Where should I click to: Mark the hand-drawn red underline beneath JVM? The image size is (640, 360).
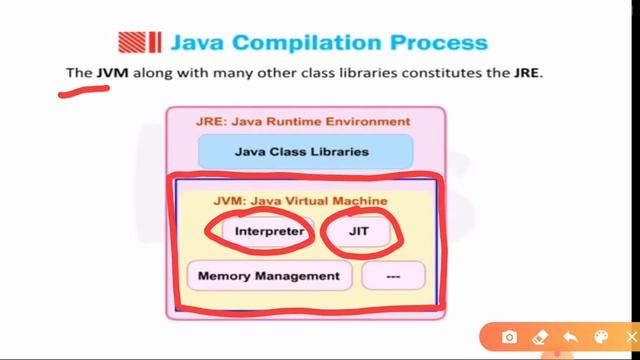point(84,93)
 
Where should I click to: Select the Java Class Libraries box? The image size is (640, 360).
point(302,152)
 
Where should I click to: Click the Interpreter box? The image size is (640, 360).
point(268,231)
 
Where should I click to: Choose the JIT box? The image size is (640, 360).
point(359,231)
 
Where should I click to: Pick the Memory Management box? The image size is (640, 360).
point(269,275)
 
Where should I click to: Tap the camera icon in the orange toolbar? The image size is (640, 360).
point(509,337)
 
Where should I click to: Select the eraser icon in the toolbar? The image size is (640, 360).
point(540,337)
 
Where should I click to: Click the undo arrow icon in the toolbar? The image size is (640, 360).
point(570,337)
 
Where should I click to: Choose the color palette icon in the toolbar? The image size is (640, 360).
point(601,337)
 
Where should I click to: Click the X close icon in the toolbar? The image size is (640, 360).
point(631,337)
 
